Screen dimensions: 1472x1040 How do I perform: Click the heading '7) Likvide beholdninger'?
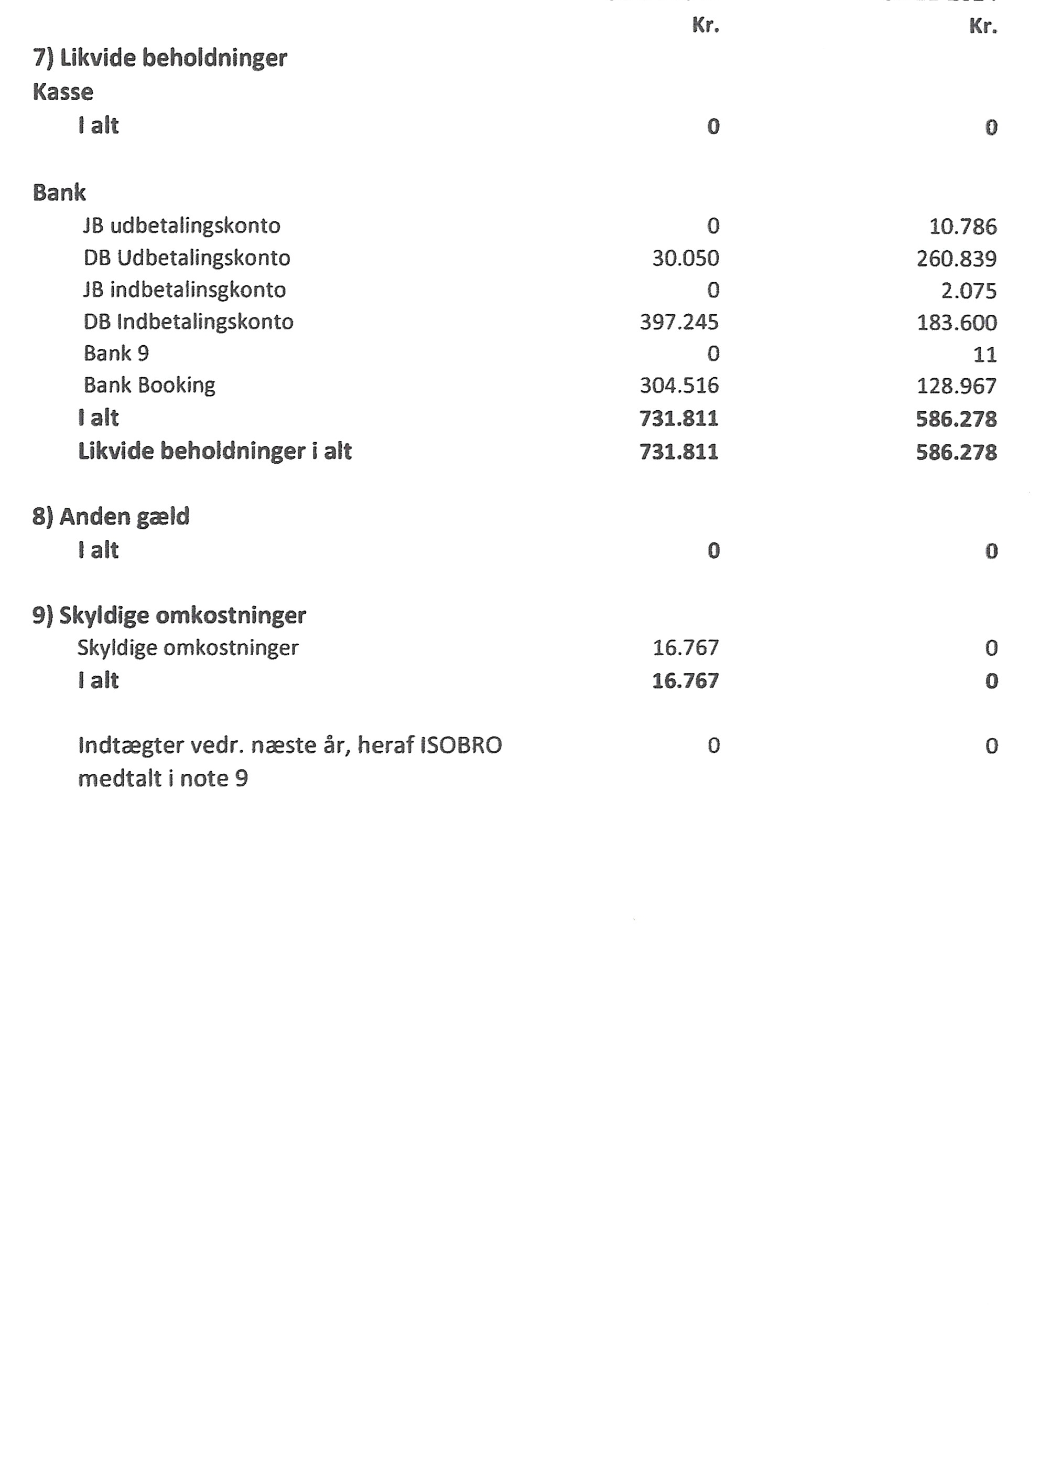[159, 58]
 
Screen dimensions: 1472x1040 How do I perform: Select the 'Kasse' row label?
[63, 92]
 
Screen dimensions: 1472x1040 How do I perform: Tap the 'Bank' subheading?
[59, 193]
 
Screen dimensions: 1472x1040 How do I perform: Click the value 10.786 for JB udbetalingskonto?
[962, 226]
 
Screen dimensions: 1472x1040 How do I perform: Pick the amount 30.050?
[685, 259]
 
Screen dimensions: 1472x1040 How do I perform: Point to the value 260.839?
[956, 259]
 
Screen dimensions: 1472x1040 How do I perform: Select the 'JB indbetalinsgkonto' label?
[185, 290]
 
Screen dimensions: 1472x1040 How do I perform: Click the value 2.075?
[968, 291]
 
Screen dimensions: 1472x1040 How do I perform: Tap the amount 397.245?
[679, 322]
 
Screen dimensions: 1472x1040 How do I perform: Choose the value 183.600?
[956, 323]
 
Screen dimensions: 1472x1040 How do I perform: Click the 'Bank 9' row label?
[116, 353]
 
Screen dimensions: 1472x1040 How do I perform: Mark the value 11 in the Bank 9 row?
[984, 355]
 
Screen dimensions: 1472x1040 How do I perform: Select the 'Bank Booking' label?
[149, 385]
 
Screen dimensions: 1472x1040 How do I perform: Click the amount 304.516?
[679, 385]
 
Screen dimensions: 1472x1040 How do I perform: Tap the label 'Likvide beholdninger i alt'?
[215, 451]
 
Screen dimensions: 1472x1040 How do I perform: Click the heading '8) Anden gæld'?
[111, 517]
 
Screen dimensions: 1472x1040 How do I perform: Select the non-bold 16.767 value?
[685, 647]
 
